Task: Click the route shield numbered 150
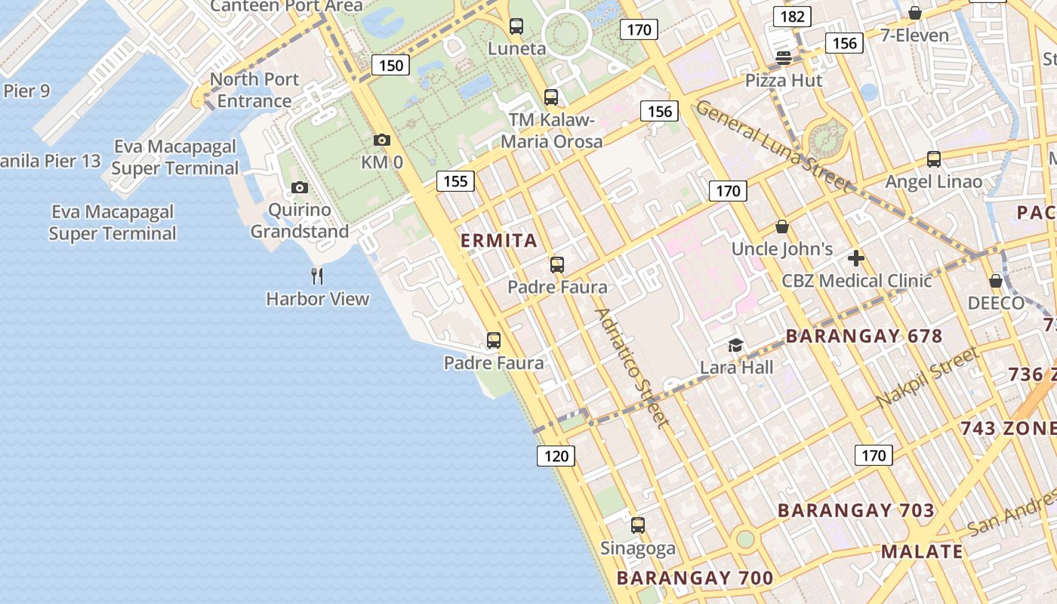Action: [x=391, y=65]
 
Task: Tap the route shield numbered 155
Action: [x=455, y=181]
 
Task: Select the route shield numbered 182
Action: [x=792, y=17]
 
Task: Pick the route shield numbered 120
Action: [x=556, y=455]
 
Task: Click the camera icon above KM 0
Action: [x=382, y=140]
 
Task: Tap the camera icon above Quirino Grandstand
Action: [x=300, y=187]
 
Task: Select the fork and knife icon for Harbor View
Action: [x=317, y=276]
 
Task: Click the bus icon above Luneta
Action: [x=516, y=26]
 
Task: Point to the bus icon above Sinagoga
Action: [x=638, y=525]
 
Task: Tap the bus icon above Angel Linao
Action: [x=934, y=159]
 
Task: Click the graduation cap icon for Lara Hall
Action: [x=735, y=346]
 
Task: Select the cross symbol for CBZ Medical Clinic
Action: [x=855, y=258]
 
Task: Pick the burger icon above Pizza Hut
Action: [x=783, y=58]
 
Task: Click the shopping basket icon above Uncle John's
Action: [x=782, y=226]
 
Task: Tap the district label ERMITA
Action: [x=499, y=241]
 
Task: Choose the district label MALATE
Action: [x=922, y=551]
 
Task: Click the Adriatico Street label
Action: [x=632, y=368]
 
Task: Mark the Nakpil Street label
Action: [x=928, y=377]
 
